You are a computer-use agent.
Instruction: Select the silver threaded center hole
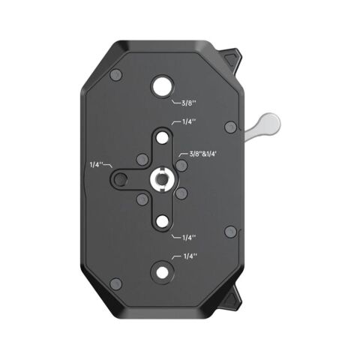[x=162, y=178]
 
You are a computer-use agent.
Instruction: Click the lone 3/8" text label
[x=183, y=104]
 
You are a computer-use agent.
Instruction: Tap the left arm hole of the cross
[x=121, y=178]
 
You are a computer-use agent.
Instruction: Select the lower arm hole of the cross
[x=162, y=219]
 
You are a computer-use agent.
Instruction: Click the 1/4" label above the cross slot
[x=184, y=121]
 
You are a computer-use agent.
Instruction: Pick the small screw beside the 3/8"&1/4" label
[x=181, y=163]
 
